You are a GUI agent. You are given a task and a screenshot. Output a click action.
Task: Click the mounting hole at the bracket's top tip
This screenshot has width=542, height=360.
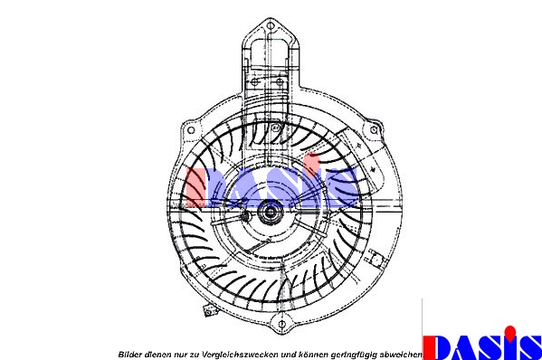click(x=271, y=25)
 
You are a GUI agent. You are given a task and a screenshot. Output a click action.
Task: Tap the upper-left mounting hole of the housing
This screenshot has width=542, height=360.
click(x=190, y=130)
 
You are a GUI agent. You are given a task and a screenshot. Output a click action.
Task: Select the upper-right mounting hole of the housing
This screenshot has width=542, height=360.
click(x=374, y=130)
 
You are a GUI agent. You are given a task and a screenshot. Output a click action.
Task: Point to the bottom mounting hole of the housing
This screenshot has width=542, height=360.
click(x=281, y=324)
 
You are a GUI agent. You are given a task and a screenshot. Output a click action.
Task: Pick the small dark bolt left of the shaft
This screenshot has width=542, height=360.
click(x=245, y=216)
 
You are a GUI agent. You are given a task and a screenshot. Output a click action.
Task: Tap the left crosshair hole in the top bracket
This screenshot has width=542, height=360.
click(x=255, y=82)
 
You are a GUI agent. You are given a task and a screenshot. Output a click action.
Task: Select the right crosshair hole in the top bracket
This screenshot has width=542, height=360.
click(x=280, y=82)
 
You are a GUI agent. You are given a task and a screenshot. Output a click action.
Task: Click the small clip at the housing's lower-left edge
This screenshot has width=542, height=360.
click(x=209, y=311)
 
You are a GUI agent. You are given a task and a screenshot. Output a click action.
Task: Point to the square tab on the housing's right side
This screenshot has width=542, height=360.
click(x=375, y=257)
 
